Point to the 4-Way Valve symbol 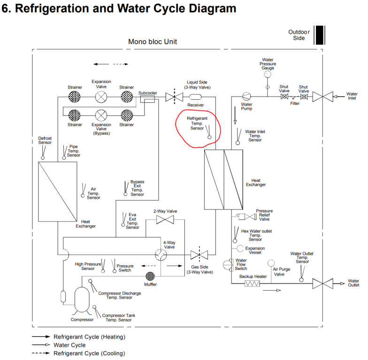click(x=161, y=255)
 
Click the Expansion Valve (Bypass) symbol click(x=101, y=115)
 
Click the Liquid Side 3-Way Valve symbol click(x=174, y=97)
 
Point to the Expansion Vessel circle click(x=240, y=248)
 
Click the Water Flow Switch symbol click(x=228, y=264)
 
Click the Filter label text click(x=294, y=104)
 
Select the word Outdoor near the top click(x=299, y=32)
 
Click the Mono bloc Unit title click(x=153, y=42)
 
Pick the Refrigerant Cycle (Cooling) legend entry click(x=89, y=353)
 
